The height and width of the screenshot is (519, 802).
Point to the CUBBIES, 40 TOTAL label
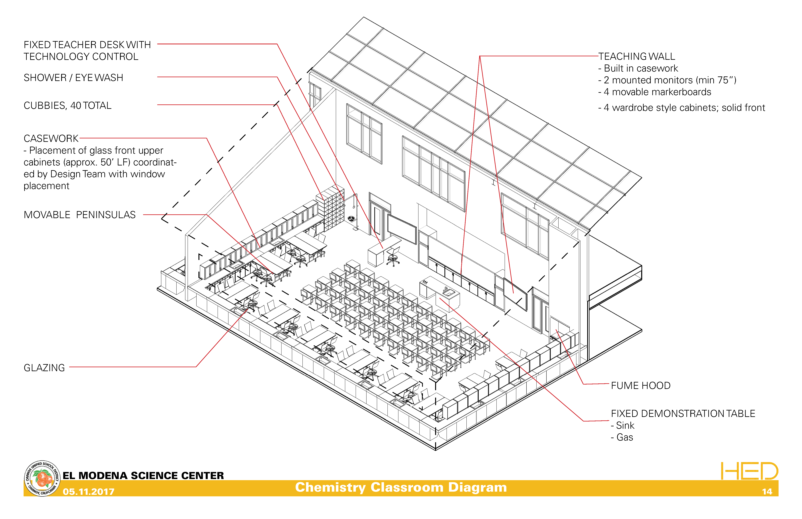coord(67,106)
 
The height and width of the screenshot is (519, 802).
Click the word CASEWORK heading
coord(51,139)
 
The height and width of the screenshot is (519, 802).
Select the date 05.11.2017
coord(89,492)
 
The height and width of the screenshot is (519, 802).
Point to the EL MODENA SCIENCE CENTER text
coord(143,476)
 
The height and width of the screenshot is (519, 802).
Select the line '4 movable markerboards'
coord(657,92)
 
